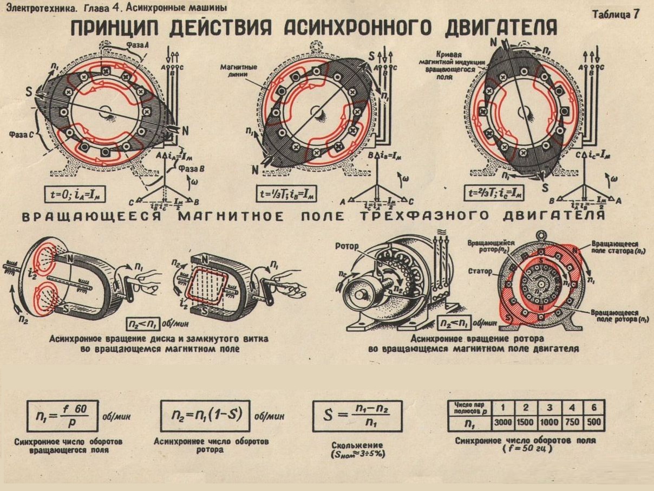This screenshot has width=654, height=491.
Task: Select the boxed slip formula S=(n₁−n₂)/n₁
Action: point(357,416)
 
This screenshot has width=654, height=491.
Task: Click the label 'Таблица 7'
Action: point(616,15)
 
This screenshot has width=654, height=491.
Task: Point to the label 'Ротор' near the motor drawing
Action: point(347,247)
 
